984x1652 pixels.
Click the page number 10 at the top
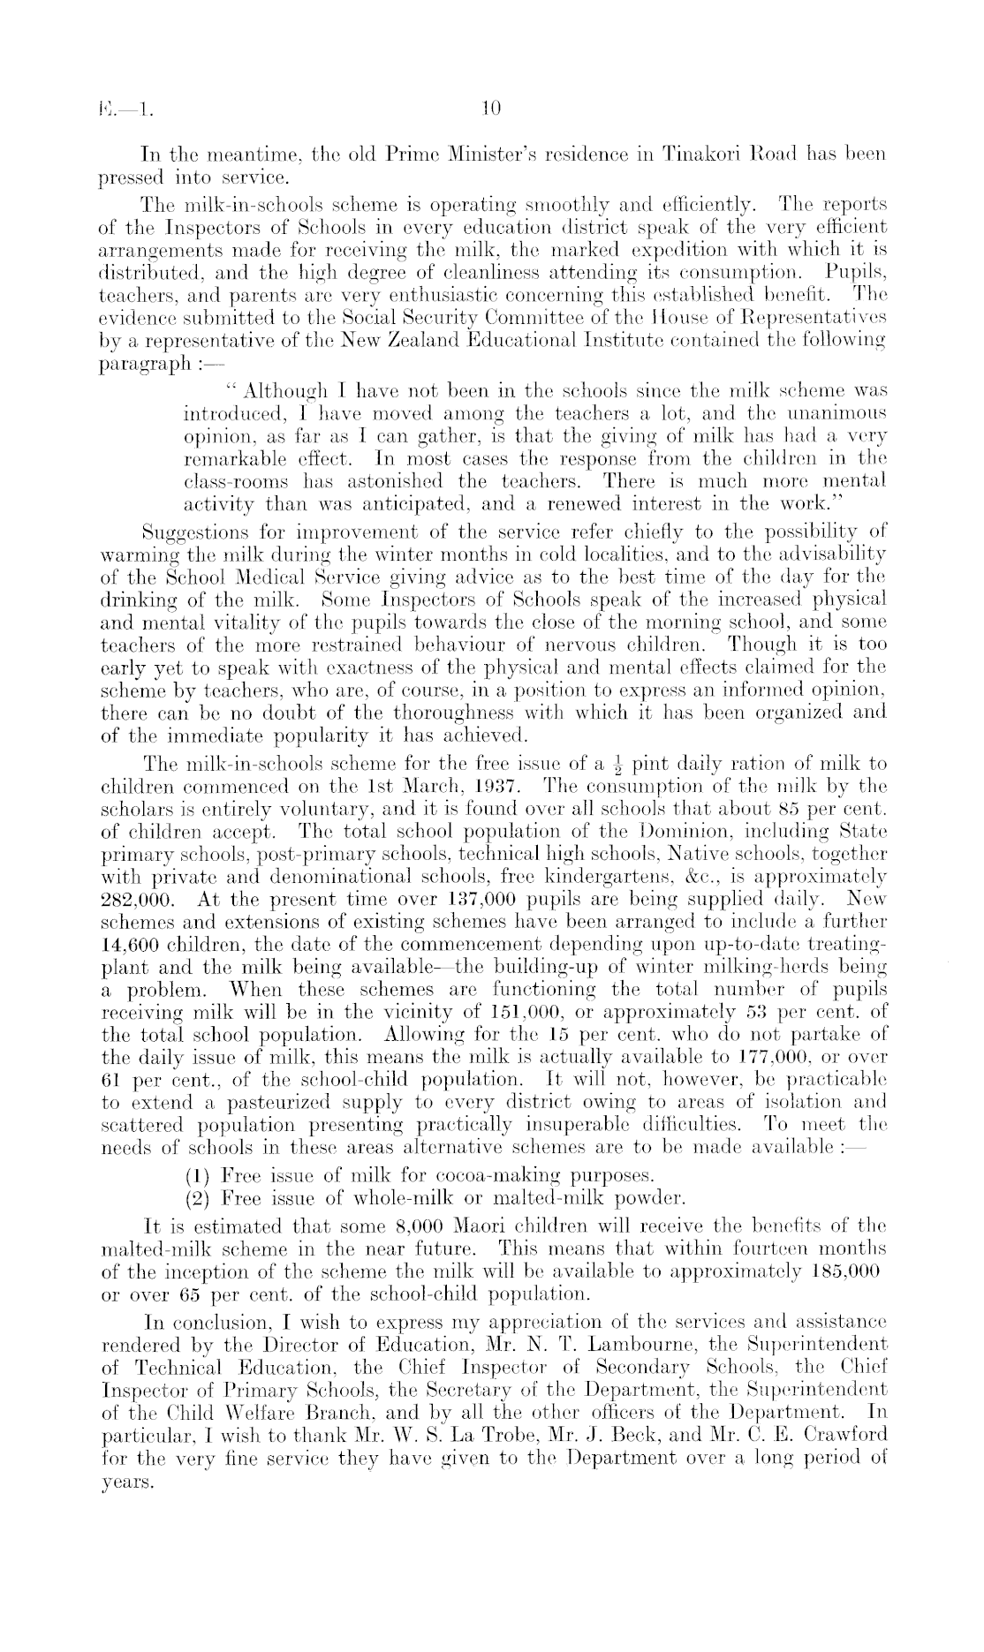tap(491, 109)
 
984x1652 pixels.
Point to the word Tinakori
tap(757, 155)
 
